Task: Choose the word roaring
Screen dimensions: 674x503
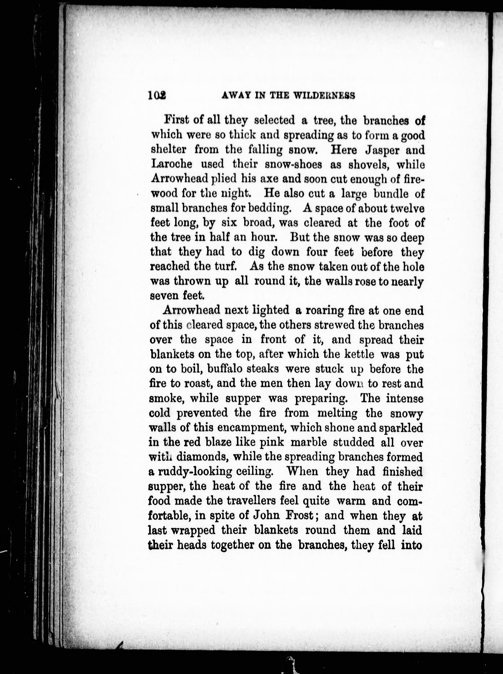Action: point(325,310)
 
